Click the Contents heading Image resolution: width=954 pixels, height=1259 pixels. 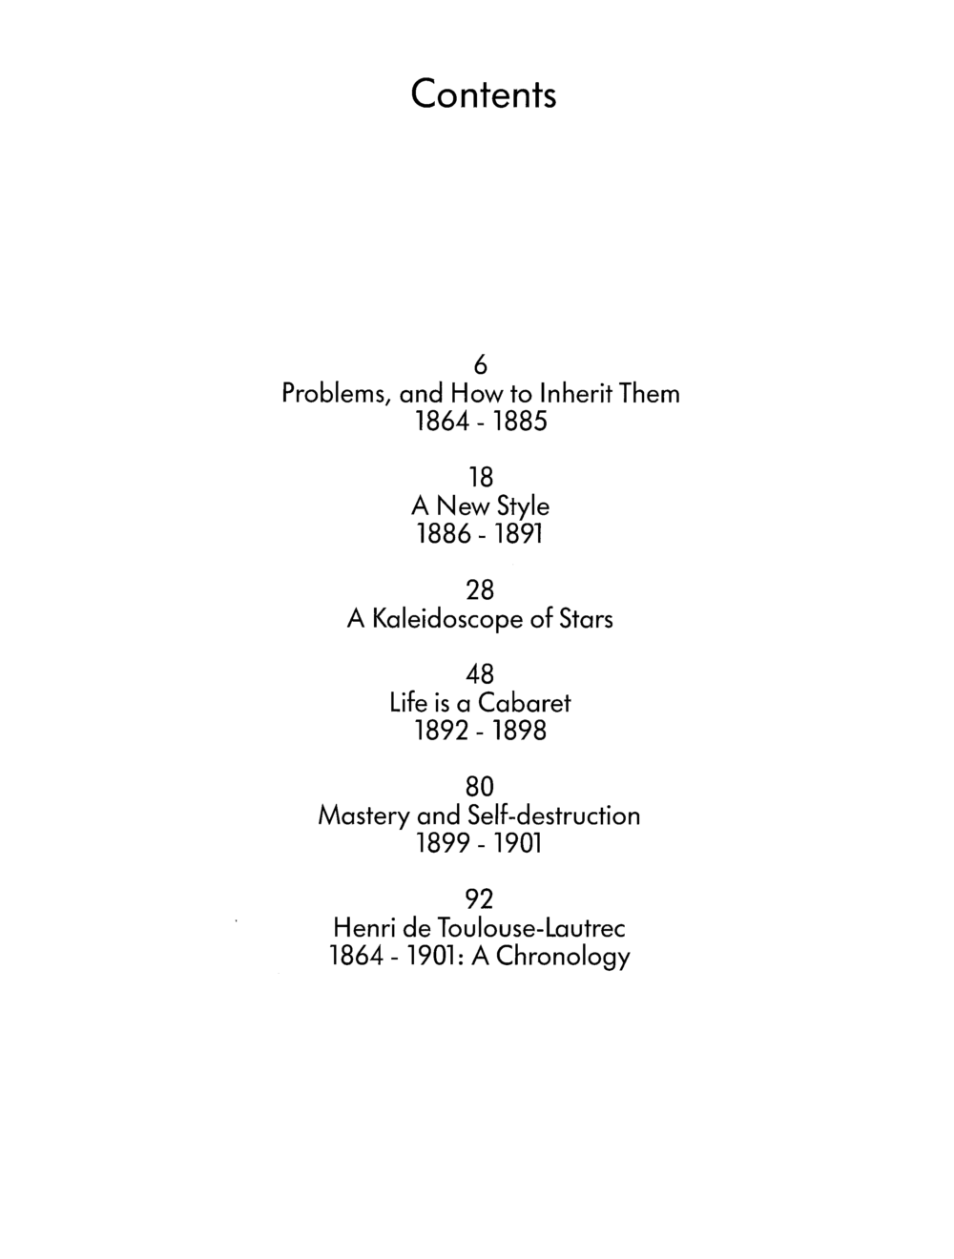coord(484,94)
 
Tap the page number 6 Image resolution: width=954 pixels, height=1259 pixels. coord(481,364)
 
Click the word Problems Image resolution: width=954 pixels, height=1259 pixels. coord(334,394)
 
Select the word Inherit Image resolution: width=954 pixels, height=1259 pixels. coord(571,394)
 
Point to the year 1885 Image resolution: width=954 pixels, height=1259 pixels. coord(520,422)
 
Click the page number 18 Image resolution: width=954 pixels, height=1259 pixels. coord(481,477)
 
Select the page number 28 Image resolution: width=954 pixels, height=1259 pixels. coord(480,590)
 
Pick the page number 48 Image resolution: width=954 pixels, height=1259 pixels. coord(480,674)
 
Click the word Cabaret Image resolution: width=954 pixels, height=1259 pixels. coord(525,703)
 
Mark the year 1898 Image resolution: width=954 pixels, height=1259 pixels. coord(520,732)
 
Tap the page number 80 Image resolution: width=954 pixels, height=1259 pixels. coord(480,787)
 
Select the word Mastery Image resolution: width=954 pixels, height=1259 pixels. coord(364,815)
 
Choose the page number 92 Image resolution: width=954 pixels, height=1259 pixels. coord(480,899)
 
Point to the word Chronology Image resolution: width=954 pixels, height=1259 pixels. coord(563,957)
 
